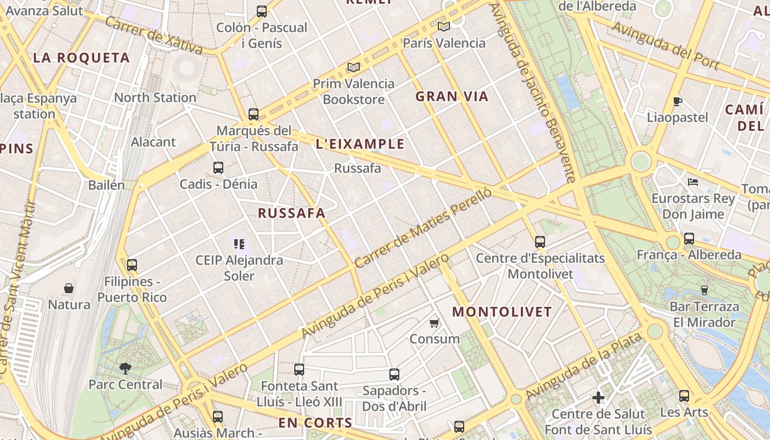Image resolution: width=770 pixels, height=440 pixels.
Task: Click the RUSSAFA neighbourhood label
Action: pos(291,213)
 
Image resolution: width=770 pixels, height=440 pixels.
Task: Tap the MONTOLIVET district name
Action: pos(502,312)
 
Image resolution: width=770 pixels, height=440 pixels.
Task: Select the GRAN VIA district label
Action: pos(452,97)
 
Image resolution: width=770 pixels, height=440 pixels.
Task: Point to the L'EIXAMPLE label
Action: pos(360,144)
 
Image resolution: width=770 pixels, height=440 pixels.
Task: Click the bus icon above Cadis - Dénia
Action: pos(218,168)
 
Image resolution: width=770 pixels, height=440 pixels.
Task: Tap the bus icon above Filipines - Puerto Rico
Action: pos(131,265)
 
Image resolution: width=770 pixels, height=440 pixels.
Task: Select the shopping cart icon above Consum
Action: pos(435,323)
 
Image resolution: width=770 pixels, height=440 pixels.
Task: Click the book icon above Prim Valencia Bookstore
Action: pos(354,67)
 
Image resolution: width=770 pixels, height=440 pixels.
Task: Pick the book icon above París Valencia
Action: pos(444,26)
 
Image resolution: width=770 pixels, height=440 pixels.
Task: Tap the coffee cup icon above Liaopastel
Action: pos(678,101)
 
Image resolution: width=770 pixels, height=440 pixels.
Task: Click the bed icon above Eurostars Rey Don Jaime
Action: pos(693,182)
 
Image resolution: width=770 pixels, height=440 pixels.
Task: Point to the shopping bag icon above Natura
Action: pos(69,288)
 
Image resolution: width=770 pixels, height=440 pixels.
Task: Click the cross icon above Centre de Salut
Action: pos(598,397)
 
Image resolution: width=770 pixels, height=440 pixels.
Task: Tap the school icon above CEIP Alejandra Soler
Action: pos(239,244)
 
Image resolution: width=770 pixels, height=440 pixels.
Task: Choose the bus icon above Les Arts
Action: pos(684,395)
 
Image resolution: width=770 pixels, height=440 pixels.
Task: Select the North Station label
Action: pos(155,98)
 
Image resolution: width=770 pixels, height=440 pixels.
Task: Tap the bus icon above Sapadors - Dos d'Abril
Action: pos(394,375)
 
